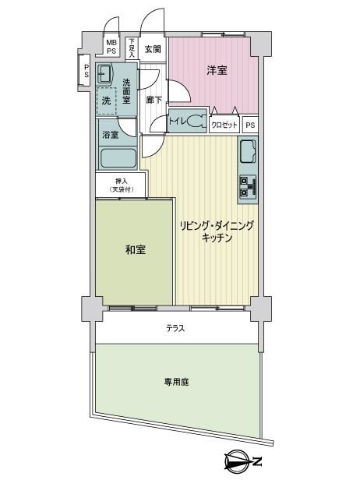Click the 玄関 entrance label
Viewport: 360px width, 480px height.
(153, 49)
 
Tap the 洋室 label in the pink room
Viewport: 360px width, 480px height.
(217, 70)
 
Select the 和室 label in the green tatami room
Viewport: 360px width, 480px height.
(136, 250)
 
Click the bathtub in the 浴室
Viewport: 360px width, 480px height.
(118, 158)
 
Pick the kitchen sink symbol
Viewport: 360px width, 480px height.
(249, 151)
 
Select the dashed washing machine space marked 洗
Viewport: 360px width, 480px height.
(106, 101)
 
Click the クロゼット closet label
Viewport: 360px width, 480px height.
(224, 125)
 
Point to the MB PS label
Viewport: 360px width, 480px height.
(111, 47)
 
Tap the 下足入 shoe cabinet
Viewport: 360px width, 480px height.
(132, 48)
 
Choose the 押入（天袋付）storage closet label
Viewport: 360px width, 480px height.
(122, 185)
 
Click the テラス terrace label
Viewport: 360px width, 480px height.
(176, 329)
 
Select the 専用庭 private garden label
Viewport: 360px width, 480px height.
(176, 382)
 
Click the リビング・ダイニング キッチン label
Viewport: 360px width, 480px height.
(217, 231)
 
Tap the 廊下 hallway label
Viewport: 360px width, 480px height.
(153, 100)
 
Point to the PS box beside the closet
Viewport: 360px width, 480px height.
(250, 125)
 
